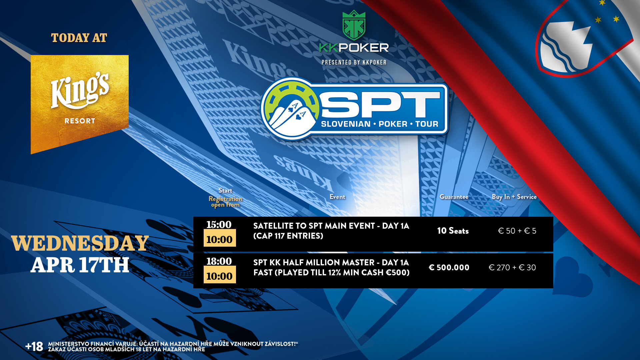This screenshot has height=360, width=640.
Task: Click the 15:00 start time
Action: click(219, 224)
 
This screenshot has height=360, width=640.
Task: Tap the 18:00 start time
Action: click(219, 261)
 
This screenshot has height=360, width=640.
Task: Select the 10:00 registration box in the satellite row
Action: click(220, 238)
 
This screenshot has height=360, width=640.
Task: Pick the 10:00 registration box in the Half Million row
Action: click(220, 275)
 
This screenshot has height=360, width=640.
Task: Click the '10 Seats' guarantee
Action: click(453, 231)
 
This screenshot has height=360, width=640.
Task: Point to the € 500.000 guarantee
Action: click(449, 267)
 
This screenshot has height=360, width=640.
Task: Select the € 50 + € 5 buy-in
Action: click(517, 231)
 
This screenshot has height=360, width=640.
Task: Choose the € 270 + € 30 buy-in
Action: click(512, 267)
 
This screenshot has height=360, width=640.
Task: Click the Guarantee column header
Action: click(454, 197)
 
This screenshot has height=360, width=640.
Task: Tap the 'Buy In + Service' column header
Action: click(514, 197)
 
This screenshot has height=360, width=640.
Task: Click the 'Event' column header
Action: click(337, 197)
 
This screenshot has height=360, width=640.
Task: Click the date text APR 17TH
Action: click(80, 265)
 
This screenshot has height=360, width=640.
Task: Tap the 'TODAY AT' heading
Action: click(79, 38)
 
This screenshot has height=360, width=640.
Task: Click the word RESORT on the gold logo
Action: click(80, 121)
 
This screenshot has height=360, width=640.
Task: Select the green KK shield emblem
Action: click(354, 25)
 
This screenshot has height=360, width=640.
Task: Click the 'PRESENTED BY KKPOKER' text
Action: click(354, 62)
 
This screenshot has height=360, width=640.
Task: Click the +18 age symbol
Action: click(34, 347)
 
